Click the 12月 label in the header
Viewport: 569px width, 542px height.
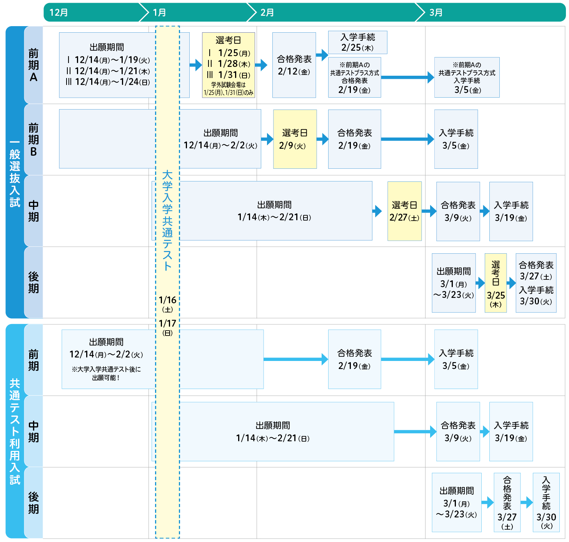pos(58,12)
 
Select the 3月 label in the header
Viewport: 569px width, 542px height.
pos(436,12)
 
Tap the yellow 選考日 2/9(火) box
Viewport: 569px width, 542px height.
pos(295,139)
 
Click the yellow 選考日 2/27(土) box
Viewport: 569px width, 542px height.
pos(404,211)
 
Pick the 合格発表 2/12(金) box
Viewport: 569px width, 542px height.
pos(294,65)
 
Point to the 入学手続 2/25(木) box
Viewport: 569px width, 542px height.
pos(357,42)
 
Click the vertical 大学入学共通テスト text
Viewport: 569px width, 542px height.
pos(167,220)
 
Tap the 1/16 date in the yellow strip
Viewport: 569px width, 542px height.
pos(167,299)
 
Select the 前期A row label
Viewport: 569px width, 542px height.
pos(33,65)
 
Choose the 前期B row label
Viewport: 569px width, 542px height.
pos(33,140)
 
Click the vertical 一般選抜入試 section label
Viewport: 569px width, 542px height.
pos(15,173)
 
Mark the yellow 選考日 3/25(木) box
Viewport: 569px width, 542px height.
pos(495,283)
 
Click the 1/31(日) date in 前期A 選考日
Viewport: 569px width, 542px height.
pos(234,75)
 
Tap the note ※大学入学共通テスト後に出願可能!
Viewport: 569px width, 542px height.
pos(106,373)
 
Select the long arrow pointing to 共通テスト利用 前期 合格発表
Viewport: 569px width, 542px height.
pos(295,359)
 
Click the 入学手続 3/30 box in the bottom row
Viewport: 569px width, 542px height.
pos(546,502)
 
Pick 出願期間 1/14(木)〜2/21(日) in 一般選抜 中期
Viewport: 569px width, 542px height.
pos(274,211)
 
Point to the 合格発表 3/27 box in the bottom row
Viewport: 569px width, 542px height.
pos(507,502)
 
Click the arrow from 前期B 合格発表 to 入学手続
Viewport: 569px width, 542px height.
pos(407,139)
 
